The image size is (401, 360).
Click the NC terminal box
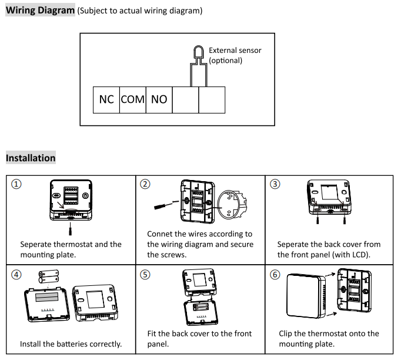(106, 100)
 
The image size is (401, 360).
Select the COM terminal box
(133, 100)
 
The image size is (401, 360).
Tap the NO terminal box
(159, 100)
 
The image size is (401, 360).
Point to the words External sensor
(235, 51)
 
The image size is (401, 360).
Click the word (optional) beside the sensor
(226, 61)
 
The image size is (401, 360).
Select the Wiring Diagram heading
(40, 10)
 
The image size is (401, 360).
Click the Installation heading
(31, 158)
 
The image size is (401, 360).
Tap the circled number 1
(16, 184)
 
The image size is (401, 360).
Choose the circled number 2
(145, 184)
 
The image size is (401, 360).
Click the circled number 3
(275, 184)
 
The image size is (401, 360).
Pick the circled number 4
(16, 275)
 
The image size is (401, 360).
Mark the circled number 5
(145, 275)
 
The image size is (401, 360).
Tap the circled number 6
(275, 275)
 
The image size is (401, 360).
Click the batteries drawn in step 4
(49, 276)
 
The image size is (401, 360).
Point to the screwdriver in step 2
(166, 205)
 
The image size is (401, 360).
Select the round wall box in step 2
(232, 204)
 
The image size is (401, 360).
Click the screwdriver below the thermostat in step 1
(71, 229)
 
